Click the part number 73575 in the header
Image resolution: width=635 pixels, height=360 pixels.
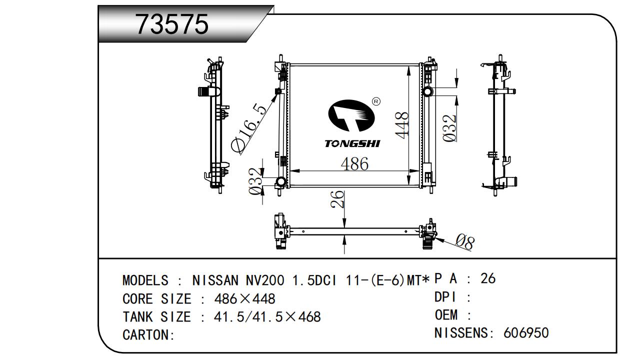[172, 24]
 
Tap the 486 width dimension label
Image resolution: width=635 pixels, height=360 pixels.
[354, 164]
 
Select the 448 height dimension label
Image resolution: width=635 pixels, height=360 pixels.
[401, 124]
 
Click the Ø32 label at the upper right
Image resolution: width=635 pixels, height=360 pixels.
[450, 128]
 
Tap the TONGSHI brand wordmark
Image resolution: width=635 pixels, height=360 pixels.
[352, 144]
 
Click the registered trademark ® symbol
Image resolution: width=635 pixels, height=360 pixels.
[376, 101]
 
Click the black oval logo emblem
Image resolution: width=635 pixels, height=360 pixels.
[351, 116]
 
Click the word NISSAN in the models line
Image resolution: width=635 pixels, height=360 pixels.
[216, 280]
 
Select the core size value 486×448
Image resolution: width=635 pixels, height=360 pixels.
[244, 299]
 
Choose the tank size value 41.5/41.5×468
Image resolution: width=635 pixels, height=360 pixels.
[267, 317]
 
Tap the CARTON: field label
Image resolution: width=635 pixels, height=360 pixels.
[148, 335]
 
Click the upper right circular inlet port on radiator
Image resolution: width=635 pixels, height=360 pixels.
[428, 91]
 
